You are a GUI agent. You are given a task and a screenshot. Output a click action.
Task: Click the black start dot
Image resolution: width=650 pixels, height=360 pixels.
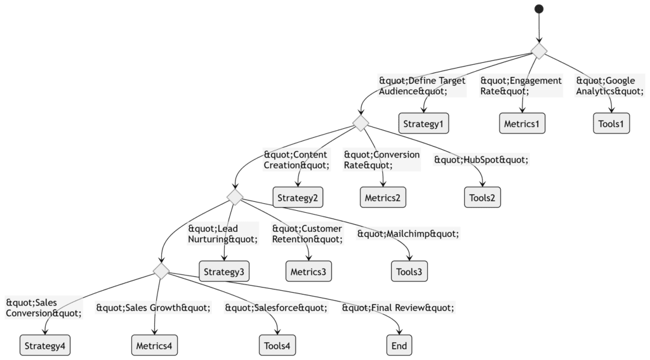click(x=539, y=9)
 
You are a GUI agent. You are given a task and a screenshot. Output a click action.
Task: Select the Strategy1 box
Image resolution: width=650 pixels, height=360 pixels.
click(x=423, y=123)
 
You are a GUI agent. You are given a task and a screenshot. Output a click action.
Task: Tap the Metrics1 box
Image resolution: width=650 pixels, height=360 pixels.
click(x=522, y=123)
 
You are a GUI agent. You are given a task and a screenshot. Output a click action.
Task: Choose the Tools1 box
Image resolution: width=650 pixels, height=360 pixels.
click(x=611, y=123)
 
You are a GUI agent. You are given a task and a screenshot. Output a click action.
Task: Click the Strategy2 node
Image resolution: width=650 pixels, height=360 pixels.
click(x=298, y=197)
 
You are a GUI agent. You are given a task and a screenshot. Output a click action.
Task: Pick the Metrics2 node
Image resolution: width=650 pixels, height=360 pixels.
click(x=383, y=197)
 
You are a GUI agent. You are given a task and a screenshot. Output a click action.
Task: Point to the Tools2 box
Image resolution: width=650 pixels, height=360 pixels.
click(x=482, y=197)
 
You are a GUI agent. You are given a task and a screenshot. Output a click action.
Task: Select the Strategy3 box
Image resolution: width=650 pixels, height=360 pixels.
click(x=224, y=271)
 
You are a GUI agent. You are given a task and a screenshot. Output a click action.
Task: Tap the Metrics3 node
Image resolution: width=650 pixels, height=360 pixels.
click(x=308, y=271)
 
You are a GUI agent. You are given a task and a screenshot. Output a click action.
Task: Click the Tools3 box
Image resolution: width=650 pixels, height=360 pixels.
click(x=409, y=271)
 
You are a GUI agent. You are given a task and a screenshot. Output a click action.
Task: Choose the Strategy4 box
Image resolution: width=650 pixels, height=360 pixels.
click(x=45, y=345)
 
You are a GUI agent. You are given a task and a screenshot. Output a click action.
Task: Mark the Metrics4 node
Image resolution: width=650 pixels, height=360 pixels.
click(x=154, y=345)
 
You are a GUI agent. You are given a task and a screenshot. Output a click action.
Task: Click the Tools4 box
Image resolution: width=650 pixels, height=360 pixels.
click(x=277, y=345)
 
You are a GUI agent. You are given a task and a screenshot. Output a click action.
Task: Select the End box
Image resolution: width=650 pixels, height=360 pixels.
click(x=399, y=345)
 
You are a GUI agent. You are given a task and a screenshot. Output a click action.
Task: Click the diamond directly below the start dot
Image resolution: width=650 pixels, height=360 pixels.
click(x=539, y=51)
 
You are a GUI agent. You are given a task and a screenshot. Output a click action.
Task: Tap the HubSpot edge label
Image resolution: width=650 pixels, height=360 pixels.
click(x=481, y=159)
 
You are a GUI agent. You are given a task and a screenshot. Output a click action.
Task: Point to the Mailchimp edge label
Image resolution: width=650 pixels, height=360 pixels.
click(x=408, y=234)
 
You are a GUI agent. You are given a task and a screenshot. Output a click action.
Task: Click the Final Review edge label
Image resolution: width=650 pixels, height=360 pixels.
click(x=398, y=308)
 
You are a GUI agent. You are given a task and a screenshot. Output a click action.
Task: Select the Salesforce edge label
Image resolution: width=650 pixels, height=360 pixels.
click(x=276, y=308)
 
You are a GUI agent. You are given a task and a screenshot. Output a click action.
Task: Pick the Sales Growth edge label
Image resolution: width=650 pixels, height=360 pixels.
click(x=154, y=308)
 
